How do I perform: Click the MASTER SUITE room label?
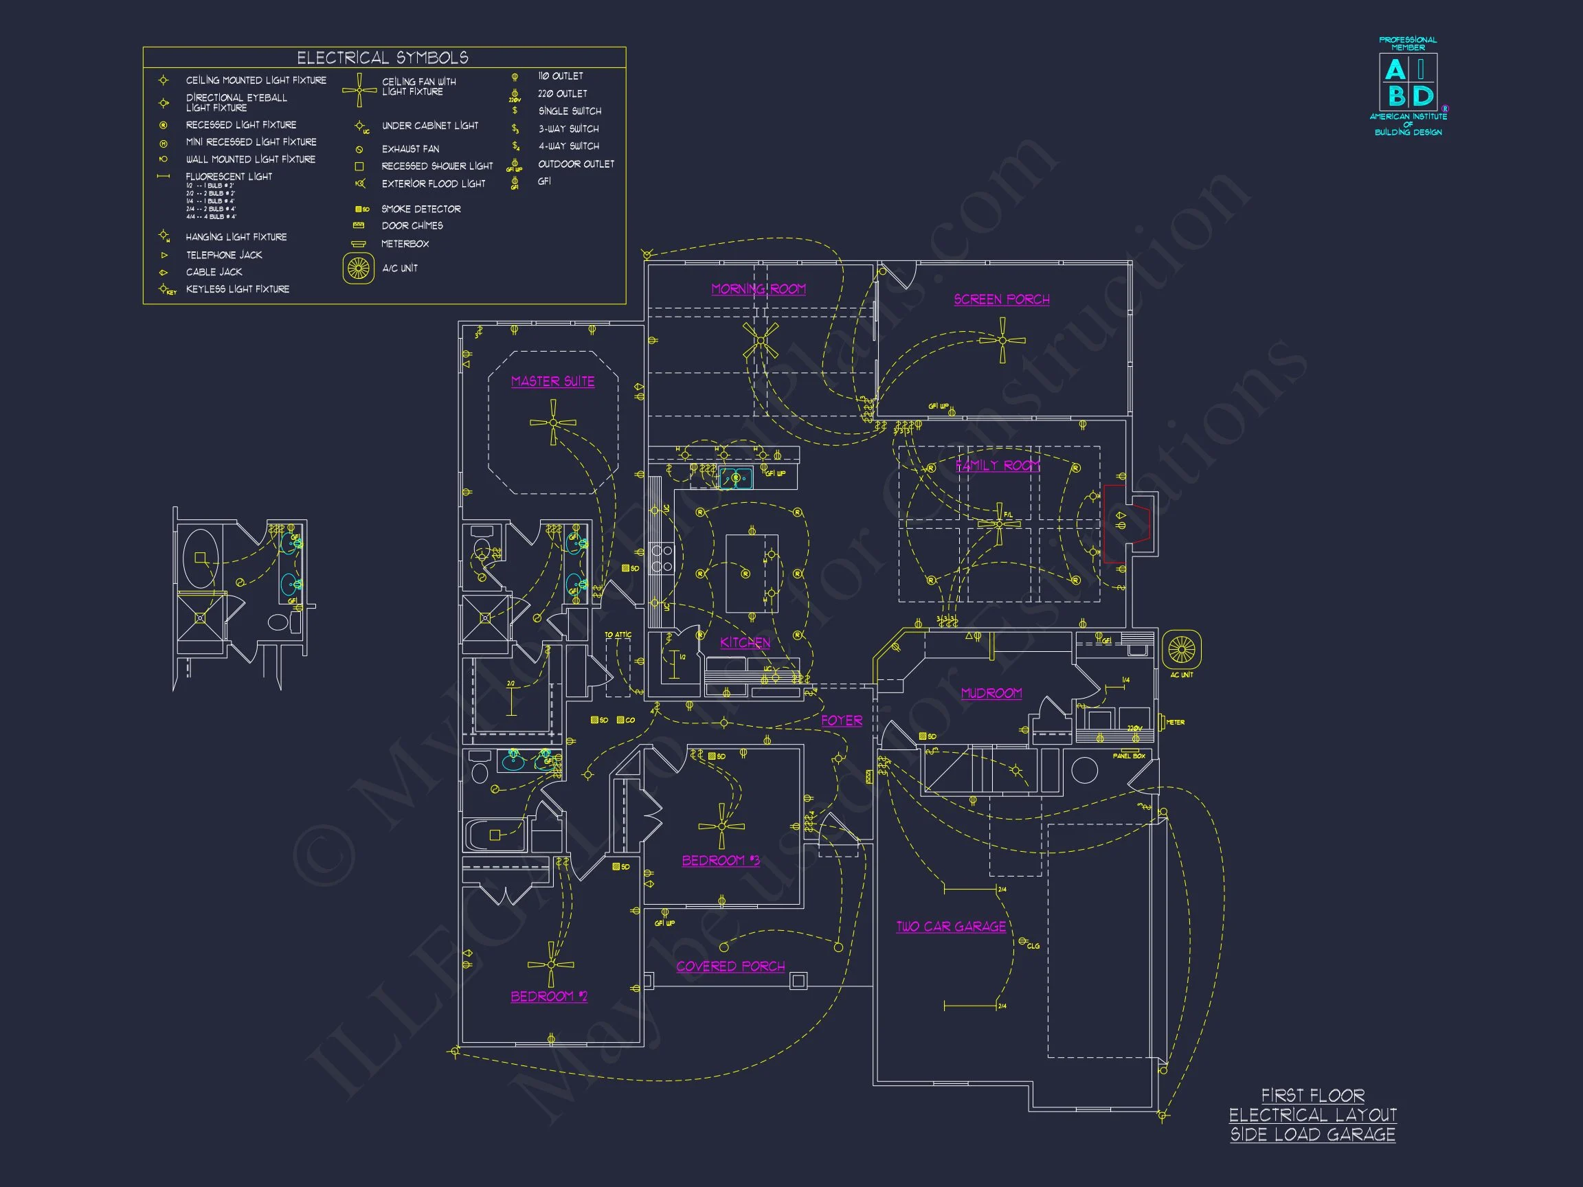552,381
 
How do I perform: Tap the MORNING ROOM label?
758,289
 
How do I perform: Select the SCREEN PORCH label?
1001,299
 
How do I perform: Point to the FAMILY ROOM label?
998,466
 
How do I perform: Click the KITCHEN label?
745,642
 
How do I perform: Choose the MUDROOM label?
991,692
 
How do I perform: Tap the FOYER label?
842,721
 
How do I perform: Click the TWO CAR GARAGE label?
951,927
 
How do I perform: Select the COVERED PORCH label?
730,966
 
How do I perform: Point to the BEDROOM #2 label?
549,996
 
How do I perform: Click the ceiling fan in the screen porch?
1002,341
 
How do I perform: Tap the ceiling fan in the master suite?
552,423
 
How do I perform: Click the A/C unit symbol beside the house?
1181,650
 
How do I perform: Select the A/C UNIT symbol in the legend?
359,269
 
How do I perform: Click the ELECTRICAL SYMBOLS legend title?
383,58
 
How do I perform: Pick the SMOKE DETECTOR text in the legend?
420,209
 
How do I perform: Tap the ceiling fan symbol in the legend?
359,90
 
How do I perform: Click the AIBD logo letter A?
1395,70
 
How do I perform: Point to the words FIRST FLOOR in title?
1312,1096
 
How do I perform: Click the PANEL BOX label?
1129,756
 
